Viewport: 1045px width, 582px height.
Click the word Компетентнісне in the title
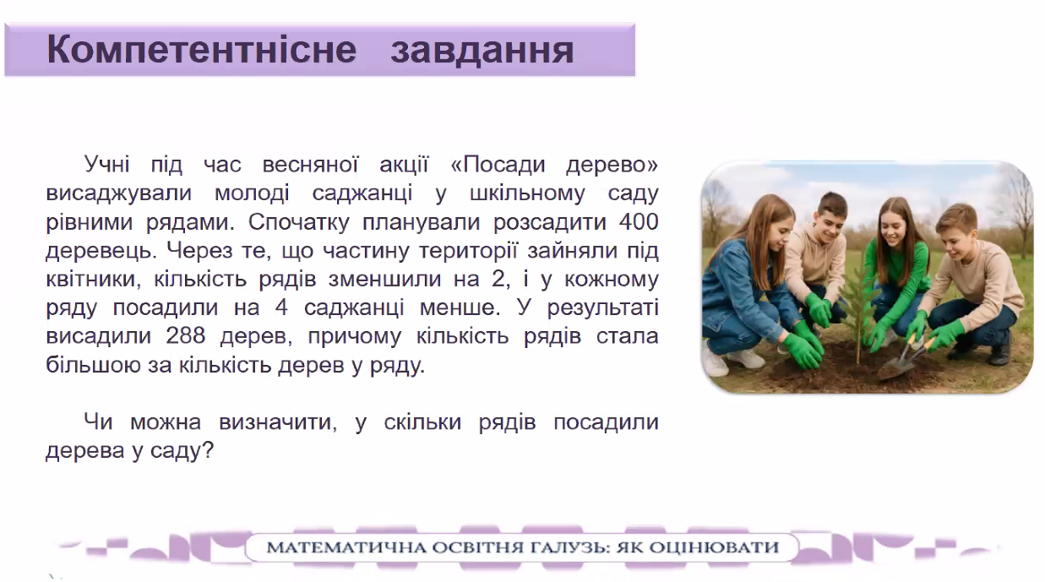(202, 50)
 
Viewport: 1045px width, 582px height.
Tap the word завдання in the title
(482, 51)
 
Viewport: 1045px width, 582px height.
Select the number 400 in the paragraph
(639, 221)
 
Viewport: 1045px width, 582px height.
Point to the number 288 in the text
(186, 335)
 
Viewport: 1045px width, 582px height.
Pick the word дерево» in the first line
(612, 165)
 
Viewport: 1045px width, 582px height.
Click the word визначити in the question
(278, 422)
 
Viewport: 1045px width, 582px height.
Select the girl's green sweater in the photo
(891, 285)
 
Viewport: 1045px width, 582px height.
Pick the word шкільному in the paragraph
(527, 194)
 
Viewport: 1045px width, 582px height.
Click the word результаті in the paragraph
(602, 308)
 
